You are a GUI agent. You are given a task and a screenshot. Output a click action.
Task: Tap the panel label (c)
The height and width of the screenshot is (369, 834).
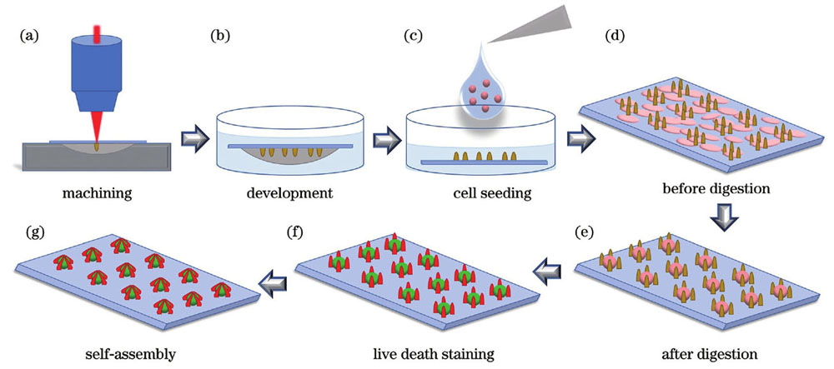(414, 37)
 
